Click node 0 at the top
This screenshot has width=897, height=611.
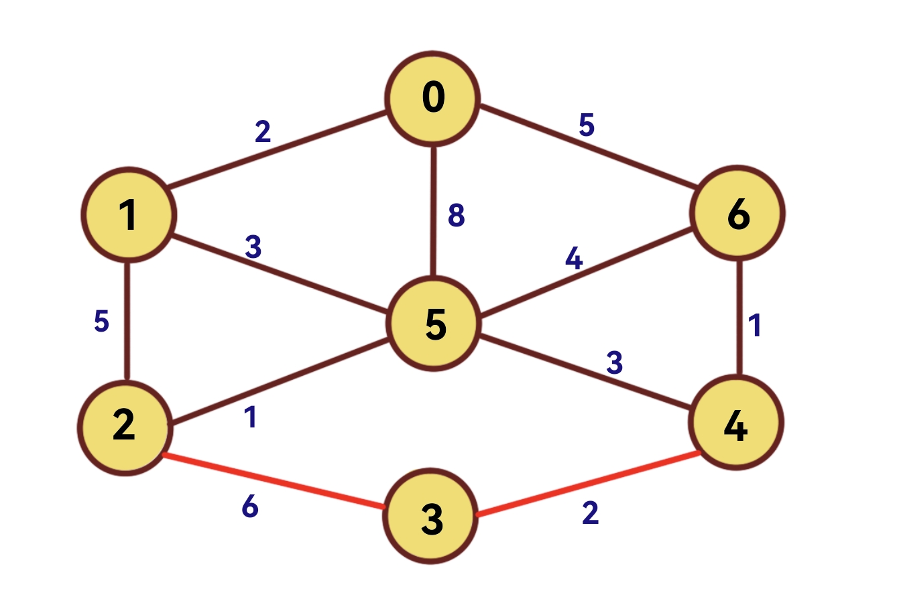(433, 98)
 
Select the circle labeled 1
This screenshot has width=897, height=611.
(128, 214)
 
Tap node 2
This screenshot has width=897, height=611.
(125, 427)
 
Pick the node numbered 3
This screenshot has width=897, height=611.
(432, 517)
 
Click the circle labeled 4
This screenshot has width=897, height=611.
(736, 423)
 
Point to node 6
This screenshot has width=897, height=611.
(737, 214)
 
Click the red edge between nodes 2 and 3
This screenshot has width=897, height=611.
(275, 481)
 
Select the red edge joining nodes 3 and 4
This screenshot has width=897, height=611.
(589, 485)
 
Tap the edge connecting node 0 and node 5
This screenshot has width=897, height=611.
(434, 211)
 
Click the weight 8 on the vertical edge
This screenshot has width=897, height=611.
(456, 215)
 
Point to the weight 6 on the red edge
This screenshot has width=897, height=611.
(249, 507)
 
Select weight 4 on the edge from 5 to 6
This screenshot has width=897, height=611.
(573, 259)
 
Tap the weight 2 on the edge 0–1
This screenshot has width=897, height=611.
(263, 131)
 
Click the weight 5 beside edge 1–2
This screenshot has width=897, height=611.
(101, 322)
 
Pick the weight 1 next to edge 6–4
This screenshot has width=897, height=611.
(756, 325)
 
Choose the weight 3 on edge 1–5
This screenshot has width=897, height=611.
(253, 247)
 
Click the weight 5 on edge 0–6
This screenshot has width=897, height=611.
(587, 125)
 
